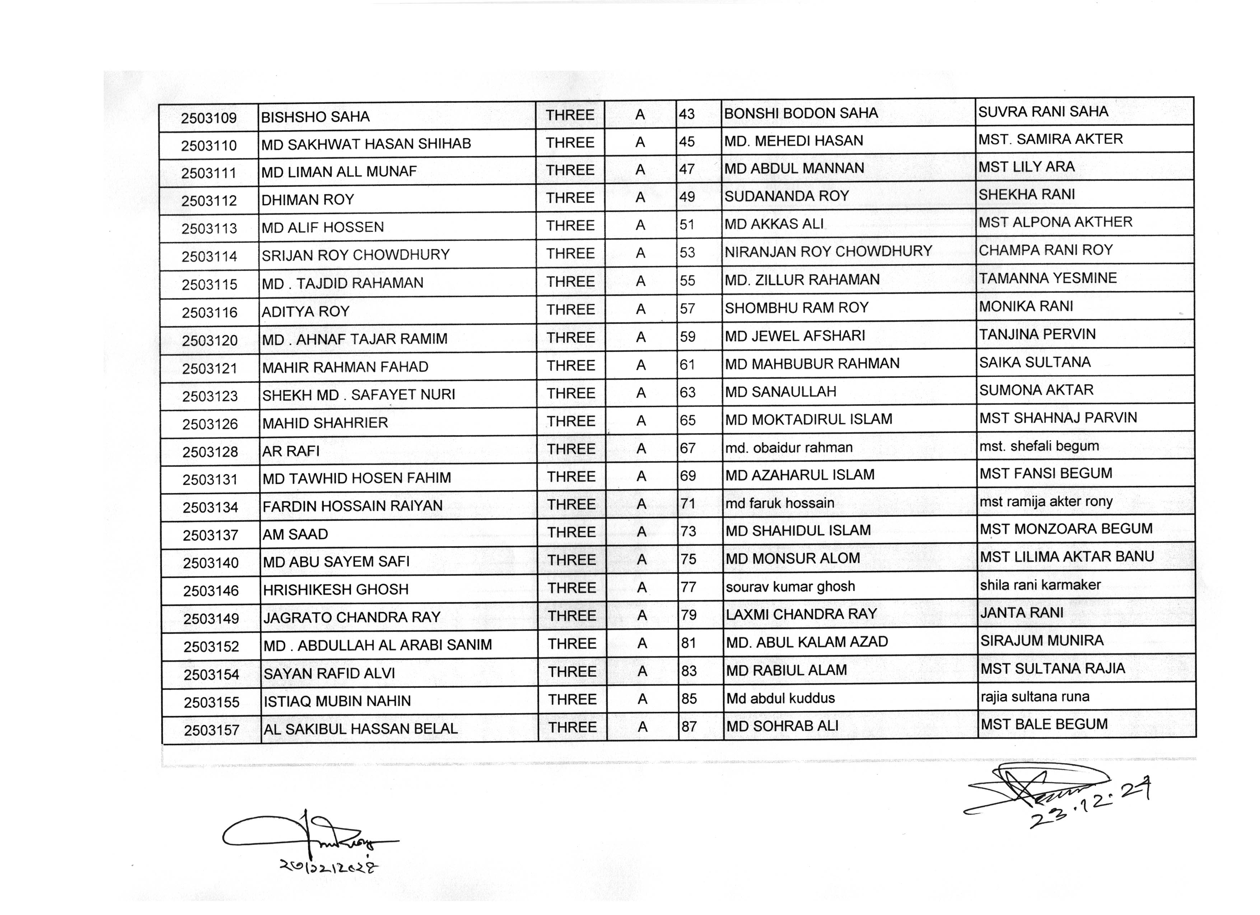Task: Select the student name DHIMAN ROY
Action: click(x=307, y=199)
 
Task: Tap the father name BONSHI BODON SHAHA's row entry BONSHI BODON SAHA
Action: click(x=801, y=113)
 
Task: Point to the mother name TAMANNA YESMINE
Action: click(x=1047, y=278)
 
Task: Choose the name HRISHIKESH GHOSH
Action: click(x=336, y=589)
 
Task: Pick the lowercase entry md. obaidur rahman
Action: click(x=788, y=447)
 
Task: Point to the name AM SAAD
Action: click(x=295, y=534)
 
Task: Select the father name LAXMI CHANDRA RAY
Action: click(x=801, y=614)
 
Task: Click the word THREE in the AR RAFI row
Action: click(x=571, y=449)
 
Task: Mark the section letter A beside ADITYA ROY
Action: click(x=640, y=309)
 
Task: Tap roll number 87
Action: click(x=689, y=726)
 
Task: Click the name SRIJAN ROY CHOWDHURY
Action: click(x=355, y=255)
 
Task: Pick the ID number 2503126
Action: click(x=210, y=424)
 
